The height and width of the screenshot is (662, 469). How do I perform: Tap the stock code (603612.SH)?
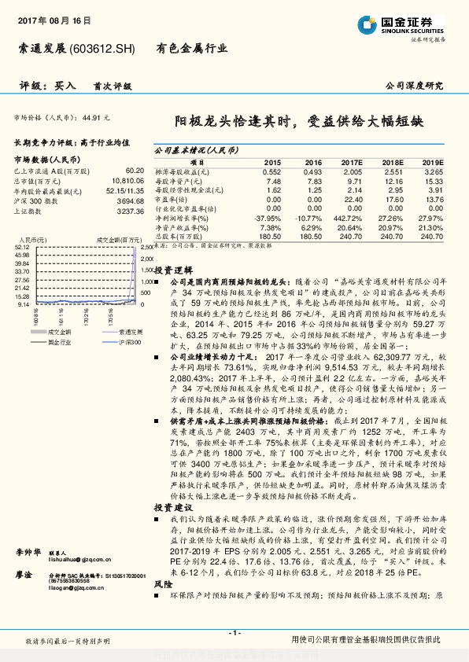tap(103, 48)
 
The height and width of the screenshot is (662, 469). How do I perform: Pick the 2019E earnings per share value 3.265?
tap(434, 171)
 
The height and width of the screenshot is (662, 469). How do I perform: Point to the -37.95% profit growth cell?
tap(268, 217)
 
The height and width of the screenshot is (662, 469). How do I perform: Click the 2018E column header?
tap(393, 161)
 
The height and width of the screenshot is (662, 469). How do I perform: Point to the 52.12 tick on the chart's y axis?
tap(22, 246)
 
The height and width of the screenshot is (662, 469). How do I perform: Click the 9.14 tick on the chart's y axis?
tap(23, 303)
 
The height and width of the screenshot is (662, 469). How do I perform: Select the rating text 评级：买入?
tap(47, 85)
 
